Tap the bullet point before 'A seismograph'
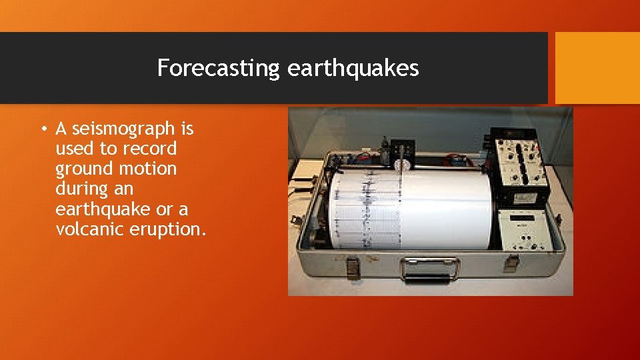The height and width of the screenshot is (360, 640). (43, 128)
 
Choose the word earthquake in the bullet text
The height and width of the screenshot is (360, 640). (103, 209)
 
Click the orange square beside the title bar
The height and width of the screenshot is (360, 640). (597, 68)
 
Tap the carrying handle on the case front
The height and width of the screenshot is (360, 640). (429, 268)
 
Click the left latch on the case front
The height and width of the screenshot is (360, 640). (353, 267)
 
